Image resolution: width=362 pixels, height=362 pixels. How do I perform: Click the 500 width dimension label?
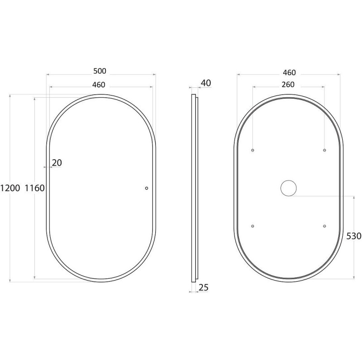[100, 71]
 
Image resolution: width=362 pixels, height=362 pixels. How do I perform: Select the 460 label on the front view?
[99, 85]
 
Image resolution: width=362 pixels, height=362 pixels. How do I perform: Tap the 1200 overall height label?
[10, 188]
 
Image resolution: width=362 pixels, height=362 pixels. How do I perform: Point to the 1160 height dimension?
[35, 188]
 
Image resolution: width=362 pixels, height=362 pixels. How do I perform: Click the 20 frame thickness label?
[57, 163]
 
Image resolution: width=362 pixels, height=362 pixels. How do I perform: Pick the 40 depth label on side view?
[206, 83]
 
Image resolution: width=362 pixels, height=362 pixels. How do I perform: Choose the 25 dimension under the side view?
[203, 287]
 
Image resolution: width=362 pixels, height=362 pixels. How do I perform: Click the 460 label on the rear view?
[289, 73]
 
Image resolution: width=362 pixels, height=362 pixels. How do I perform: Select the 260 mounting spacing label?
[288, 85]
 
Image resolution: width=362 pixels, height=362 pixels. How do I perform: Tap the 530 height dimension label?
[354, 236]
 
